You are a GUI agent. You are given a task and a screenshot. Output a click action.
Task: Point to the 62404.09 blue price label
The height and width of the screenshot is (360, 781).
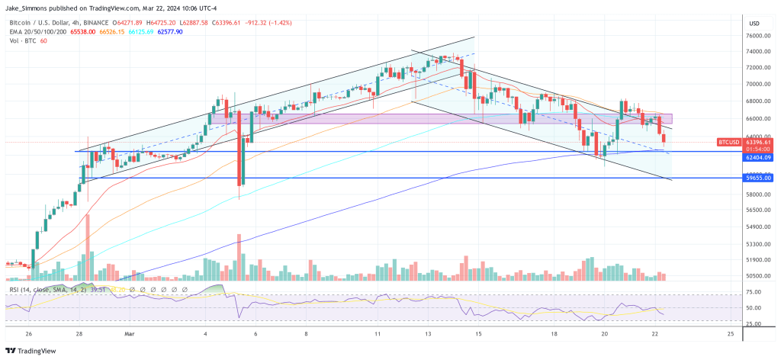[759, 157]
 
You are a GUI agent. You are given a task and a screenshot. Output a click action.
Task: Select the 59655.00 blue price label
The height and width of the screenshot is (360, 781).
[759, 178]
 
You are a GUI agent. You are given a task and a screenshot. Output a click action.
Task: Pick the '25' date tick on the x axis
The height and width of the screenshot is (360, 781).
[730, 334]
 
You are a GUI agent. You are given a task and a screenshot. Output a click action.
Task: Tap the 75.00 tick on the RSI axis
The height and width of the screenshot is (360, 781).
[757, 291]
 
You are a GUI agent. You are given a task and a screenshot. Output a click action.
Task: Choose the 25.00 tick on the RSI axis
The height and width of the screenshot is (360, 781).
[757, 324]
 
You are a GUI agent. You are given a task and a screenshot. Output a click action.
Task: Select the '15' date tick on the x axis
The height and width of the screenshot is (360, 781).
[477, 334]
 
